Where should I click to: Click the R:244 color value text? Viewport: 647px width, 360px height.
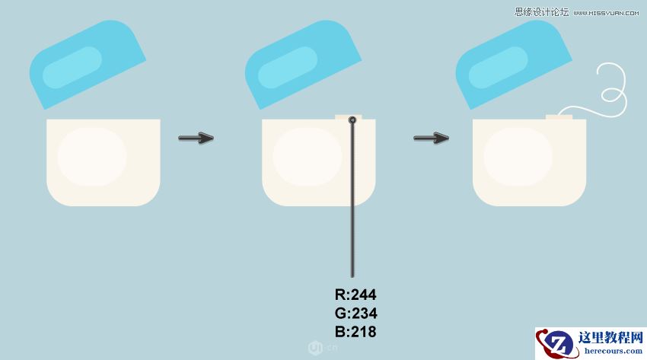355,295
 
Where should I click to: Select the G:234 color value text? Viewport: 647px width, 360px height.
355,313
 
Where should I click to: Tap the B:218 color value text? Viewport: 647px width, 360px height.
355,332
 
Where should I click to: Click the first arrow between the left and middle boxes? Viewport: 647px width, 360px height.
196,138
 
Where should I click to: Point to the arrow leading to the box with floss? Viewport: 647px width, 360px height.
431,138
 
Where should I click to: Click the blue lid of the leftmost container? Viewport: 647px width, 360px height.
88,65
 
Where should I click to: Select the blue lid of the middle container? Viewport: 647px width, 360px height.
303,65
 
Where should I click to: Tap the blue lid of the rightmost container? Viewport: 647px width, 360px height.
514,65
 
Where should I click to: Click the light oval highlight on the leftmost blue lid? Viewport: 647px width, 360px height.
72,67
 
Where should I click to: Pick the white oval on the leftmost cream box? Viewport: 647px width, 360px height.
92,157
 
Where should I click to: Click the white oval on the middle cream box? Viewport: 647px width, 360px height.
308,157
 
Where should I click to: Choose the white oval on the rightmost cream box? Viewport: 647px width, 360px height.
518,157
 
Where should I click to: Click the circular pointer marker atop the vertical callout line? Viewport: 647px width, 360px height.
352,120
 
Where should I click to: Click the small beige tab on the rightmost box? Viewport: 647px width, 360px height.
559,117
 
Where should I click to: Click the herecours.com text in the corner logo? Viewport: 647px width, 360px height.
614,351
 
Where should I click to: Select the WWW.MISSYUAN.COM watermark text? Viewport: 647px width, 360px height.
606,13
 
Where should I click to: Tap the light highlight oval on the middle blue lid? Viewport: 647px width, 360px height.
288,67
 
